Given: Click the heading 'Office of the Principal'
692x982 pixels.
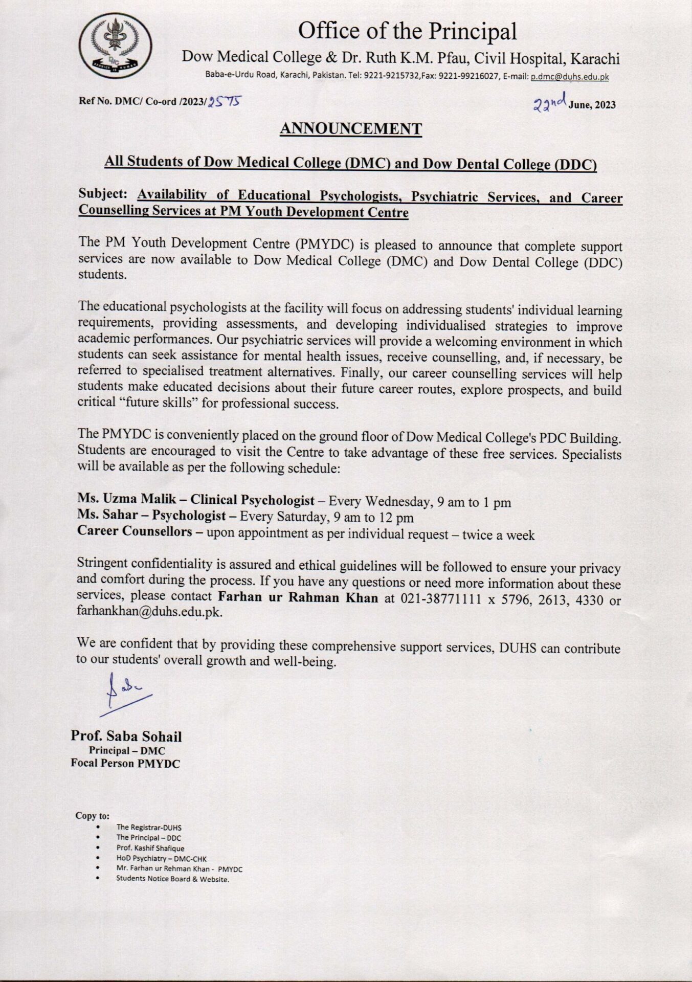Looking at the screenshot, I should [407, 32].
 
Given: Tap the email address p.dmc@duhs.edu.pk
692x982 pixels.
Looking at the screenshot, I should [569, 77].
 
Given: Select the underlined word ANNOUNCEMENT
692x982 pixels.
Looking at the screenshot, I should [350, 129].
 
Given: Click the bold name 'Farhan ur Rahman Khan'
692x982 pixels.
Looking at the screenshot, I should [298, 597].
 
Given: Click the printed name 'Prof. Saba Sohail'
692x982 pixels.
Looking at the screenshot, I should [126, 736].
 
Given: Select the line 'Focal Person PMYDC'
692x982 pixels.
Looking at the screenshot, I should [125, 764].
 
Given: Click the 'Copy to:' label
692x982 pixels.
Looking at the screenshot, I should [93, 816].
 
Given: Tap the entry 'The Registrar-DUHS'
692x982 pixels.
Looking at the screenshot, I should [149, 827].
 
